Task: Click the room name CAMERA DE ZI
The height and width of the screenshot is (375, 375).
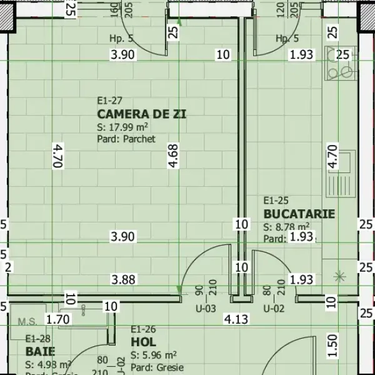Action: [x=142, y=114]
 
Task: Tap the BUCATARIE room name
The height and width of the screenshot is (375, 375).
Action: [x=299, y=214]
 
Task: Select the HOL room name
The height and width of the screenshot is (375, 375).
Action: [x=143, y=342]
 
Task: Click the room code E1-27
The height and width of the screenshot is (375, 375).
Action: [x=109, y=101]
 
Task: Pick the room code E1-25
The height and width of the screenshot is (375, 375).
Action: [x=276, y=201]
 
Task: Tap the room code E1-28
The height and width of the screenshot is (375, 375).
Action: [x=37, y=339]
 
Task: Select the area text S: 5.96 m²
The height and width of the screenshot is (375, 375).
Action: [x=153, y=355]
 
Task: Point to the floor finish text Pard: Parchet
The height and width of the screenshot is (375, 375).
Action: [x=126, y=139]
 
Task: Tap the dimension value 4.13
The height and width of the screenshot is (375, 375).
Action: [x=236, y=320]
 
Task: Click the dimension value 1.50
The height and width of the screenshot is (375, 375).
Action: [x=332, y=343]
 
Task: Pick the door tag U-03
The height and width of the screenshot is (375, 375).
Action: [x=206, y=308]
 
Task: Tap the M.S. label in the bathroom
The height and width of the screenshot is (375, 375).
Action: [x=27, y=322]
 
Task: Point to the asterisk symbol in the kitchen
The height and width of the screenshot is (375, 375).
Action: [x=339, y=276]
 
